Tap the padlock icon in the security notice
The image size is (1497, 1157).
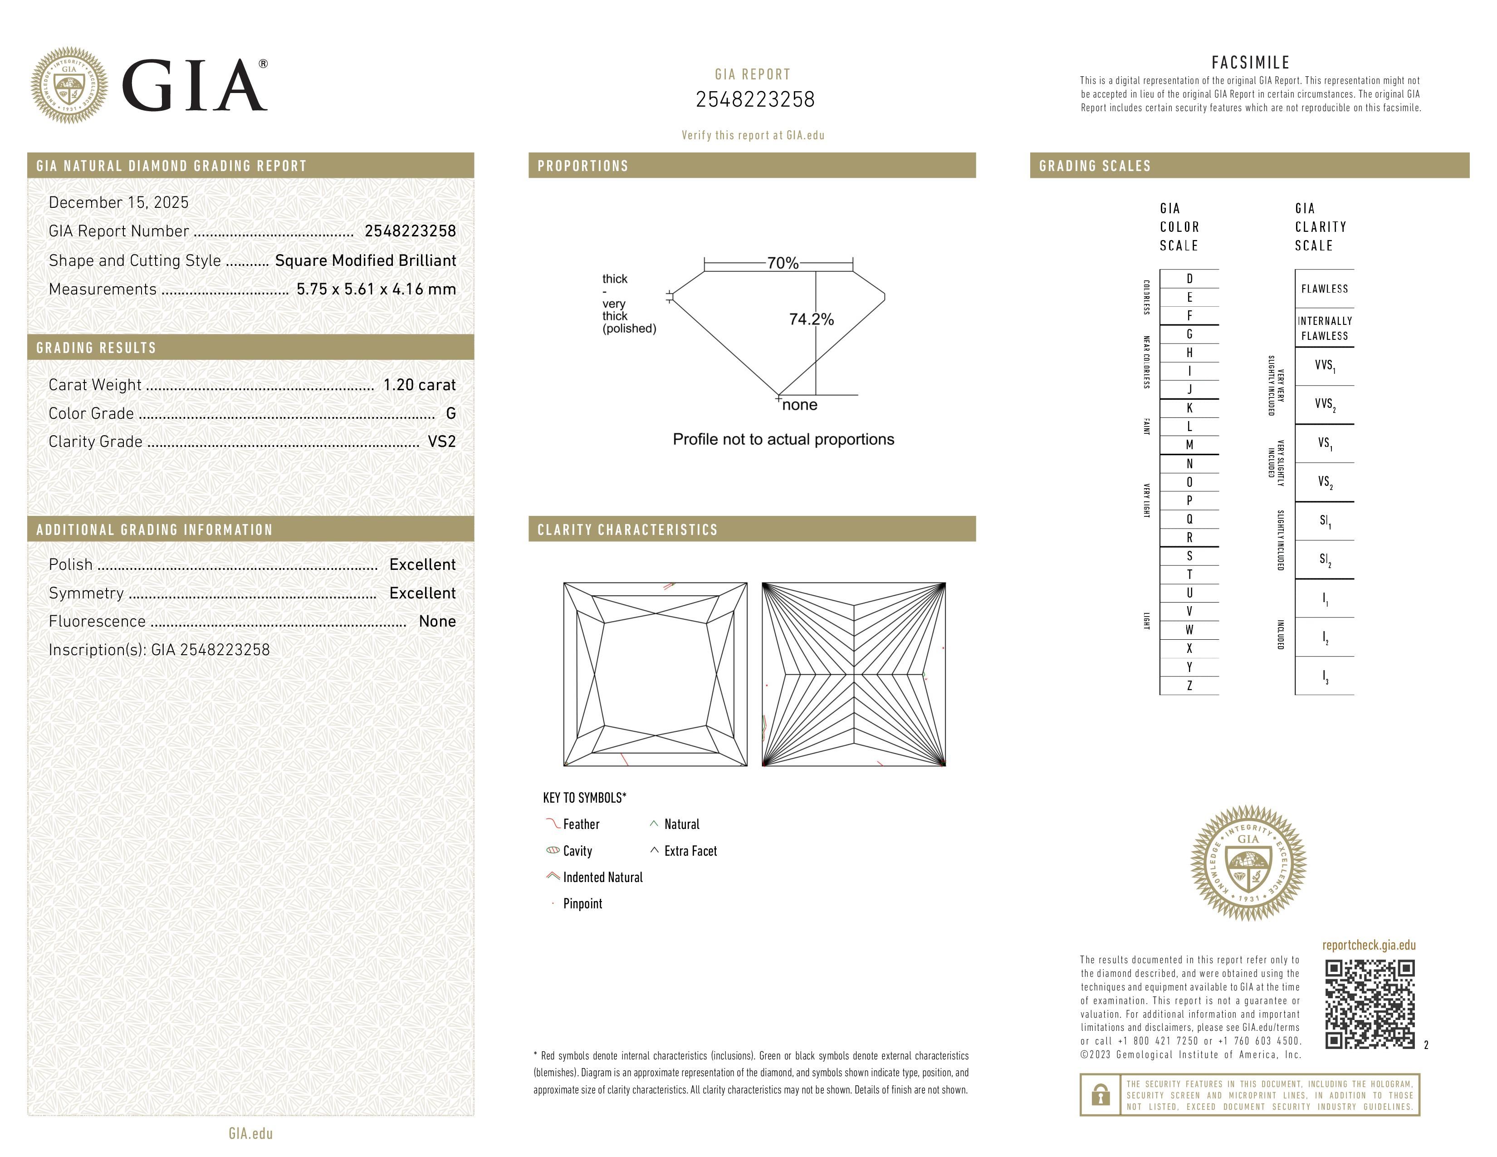click(x=1100, y=1095)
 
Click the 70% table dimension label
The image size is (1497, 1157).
click(x=782, y=263)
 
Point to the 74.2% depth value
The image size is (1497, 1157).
click(x=811, y=319)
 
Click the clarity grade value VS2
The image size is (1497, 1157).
click(x=441, y=442)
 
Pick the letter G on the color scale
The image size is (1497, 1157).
click(x=1189, y=334)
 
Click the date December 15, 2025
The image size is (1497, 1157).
click(x=118, y=203)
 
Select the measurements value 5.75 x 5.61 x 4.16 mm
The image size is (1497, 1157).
click(x=376, y=289)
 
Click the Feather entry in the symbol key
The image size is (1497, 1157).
click(x=581, y=824)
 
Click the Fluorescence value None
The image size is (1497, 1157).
click(x=437, y=622)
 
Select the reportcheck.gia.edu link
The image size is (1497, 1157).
click(x=1368, y=945)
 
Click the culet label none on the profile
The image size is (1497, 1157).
click(x=799, y=405)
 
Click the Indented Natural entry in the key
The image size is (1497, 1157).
click(x=602, y=878)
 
